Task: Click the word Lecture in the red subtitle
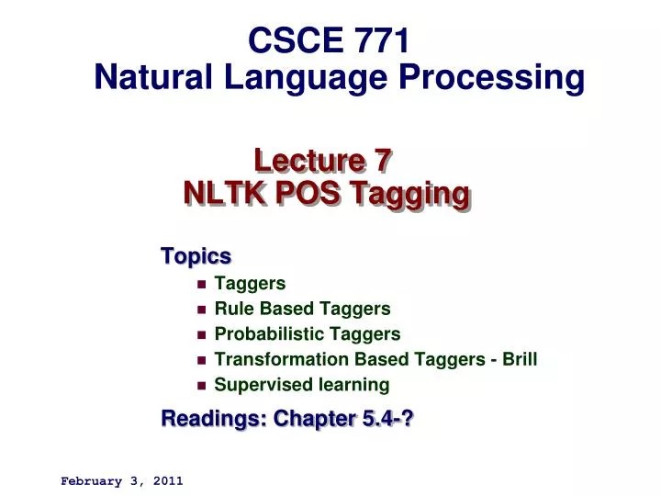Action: tap(302, 160)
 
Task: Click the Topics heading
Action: tap(196, 255)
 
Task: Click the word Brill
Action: tap(519, 359)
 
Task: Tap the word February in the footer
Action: tap(91, 480)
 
